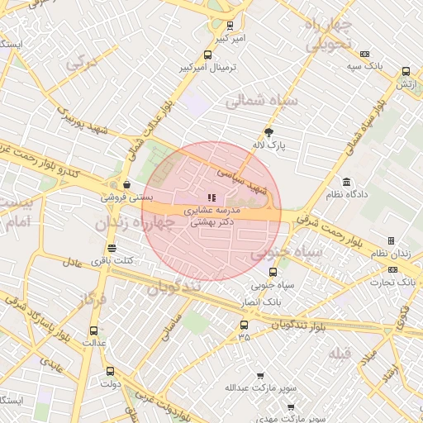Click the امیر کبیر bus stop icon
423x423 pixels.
230,26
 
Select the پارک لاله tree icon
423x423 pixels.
269,132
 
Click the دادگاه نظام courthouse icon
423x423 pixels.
345,181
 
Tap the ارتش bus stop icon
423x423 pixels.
405,72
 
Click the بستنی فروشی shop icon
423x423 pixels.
126,184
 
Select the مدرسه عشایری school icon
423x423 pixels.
211,197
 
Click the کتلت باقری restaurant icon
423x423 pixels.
112,248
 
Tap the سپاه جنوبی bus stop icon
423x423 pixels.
273,271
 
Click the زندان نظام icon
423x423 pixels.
391,240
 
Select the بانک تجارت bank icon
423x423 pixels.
392,269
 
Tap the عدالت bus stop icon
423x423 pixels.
93,330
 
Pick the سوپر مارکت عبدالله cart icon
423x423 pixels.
260,375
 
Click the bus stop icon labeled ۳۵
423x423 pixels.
244,325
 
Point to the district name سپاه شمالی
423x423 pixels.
255,102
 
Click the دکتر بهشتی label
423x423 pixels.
213,222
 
